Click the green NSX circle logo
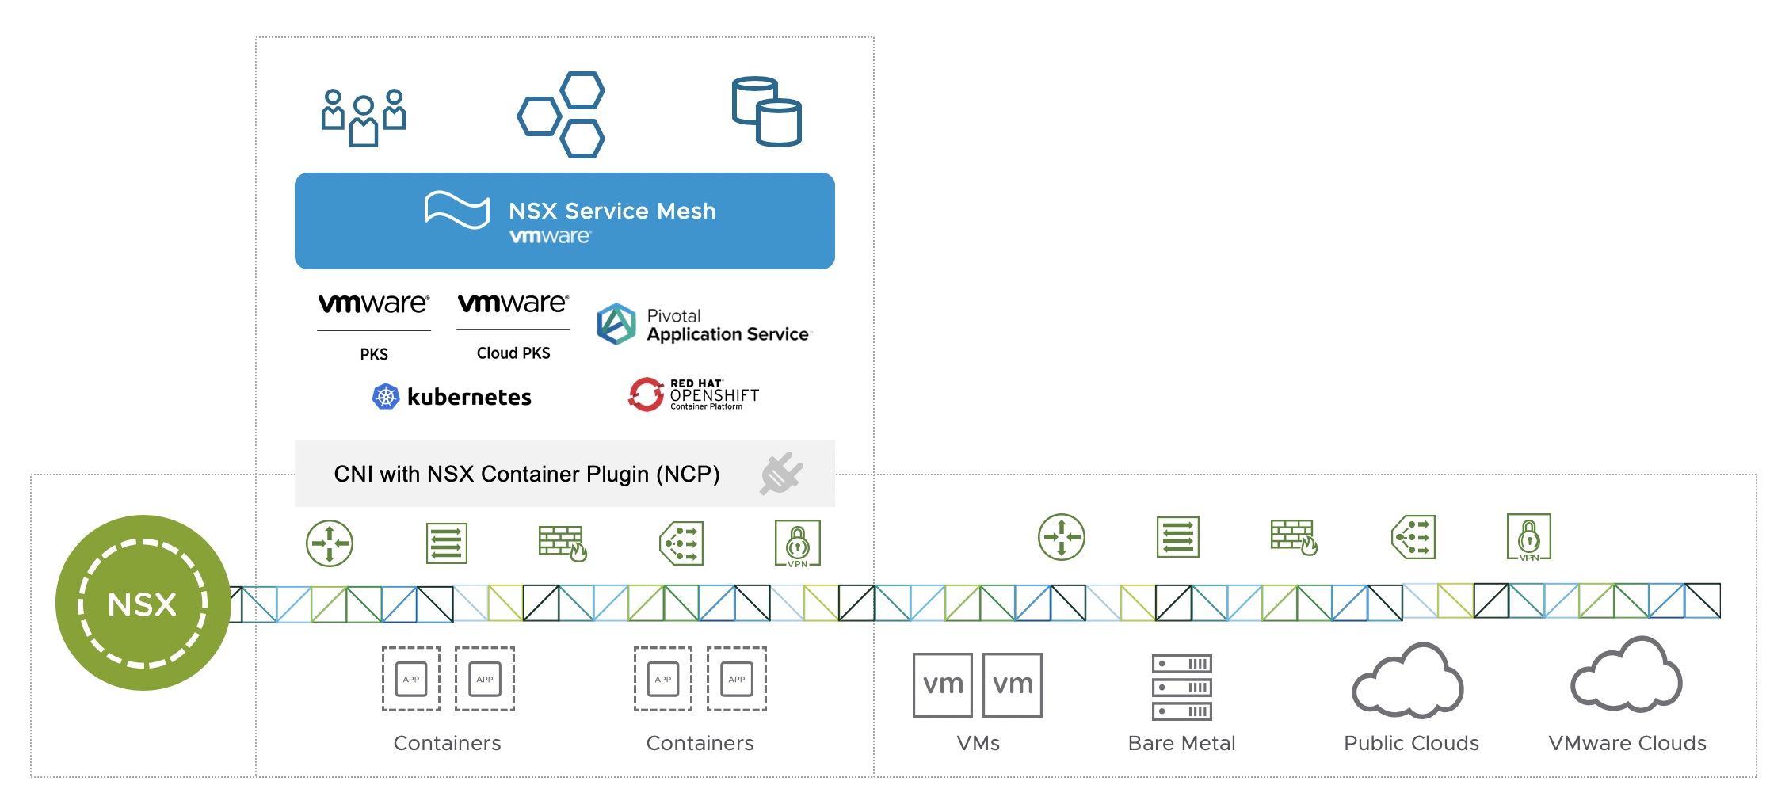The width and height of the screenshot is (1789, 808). coord(143,603)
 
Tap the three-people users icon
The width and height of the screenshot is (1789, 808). coord(364,117)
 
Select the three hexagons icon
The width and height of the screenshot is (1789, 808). coord(562,114)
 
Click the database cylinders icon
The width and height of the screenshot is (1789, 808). coord(766,112)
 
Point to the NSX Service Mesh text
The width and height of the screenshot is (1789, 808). coord(612,211)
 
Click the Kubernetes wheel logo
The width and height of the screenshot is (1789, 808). coord(386,396)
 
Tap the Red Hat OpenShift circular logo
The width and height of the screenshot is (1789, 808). coord(646,394)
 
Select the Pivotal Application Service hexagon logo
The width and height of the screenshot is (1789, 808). coord(616,324)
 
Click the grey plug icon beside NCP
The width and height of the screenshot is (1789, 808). coord(781,474)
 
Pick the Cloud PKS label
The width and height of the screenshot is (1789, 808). coord(513,353)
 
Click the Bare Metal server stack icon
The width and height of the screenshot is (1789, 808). coord(1182,687)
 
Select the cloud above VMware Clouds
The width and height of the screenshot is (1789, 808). coord(1627,675)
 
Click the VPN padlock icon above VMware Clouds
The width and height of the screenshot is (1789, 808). coord(1529,537)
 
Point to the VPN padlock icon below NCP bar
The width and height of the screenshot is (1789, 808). coord(798,543)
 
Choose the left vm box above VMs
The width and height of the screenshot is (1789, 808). coord(943,685)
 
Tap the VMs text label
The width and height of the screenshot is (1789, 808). coord(978,743)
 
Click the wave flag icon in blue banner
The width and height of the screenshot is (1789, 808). coord(457,210)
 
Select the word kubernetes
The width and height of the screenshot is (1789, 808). coord(469,397)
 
